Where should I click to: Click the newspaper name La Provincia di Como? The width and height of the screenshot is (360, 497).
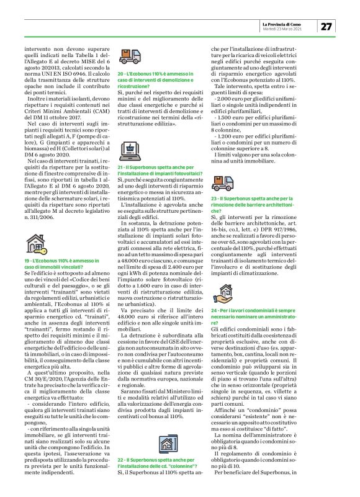point(289,22)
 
